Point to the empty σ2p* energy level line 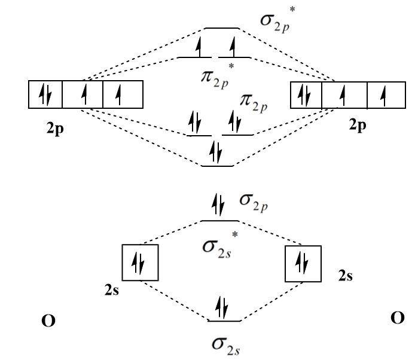[222, 28]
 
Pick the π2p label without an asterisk [253, 103]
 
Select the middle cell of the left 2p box [83, 94]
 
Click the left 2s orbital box [141, 262]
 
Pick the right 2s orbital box [304, 262]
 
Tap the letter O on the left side [48, 322]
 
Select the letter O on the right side [398, 318]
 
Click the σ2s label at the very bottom [222, 344]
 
